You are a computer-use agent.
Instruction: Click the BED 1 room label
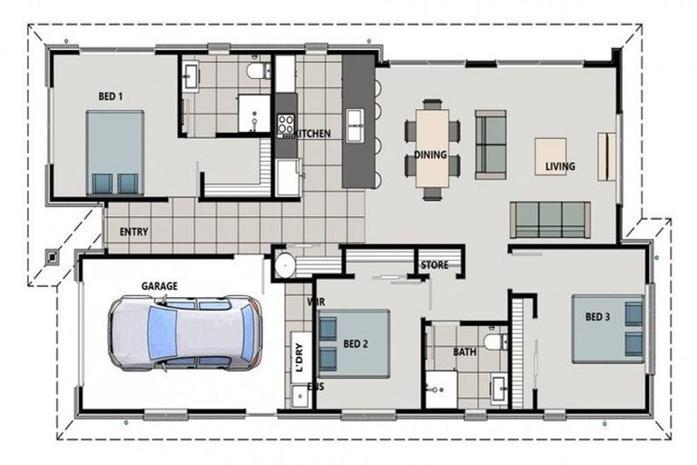coord(111,96)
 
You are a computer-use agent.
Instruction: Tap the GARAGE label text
coord(159,286)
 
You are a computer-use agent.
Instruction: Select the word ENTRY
coord(133,232)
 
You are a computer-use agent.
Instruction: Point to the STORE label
coord(435,265)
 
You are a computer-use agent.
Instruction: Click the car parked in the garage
coord(184,333)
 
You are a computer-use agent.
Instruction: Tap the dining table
coord(432,149)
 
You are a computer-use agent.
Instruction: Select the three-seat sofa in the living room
coord(550,220)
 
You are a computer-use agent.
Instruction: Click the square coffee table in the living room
coord(550,156)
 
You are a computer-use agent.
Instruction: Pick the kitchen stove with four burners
coord(286,124)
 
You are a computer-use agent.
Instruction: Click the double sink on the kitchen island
coord(355,126)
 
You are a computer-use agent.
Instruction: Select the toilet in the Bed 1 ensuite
coord(259,71)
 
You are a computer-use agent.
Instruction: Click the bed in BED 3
coord(608,329)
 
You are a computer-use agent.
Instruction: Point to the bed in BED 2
coord(354,343)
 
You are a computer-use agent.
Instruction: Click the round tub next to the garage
coord(285,266)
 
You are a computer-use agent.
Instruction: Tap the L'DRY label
coord(299,357)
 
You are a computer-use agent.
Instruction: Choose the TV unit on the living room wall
coord(606,156)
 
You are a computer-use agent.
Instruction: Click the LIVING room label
coord(560,166)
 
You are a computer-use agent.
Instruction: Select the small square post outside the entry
coord(52,257)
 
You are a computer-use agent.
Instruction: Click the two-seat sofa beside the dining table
coord(491,144)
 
